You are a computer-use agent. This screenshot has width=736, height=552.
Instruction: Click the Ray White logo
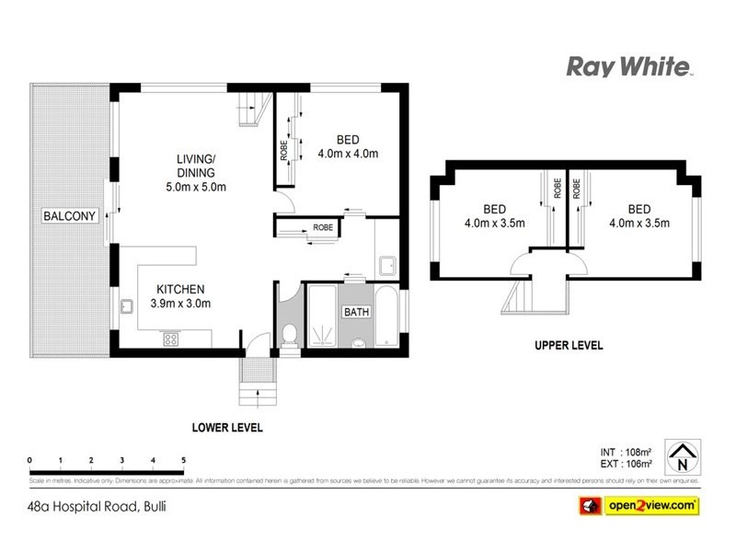[628, 66]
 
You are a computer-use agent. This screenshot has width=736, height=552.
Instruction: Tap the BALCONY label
[70, 217]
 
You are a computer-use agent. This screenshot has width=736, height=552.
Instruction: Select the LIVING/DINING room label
[195, 166]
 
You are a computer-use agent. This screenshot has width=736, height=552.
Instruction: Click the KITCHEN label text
[179, 288]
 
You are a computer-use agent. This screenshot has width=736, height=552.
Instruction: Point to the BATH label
[357, 312]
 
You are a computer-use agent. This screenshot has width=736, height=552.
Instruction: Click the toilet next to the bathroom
[288, 336]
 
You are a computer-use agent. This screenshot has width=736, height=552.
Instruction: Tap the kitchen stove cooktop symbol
[171, 339]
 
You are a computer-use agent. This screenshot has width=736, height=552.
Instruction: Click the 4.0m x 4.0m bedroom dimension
[347, 155]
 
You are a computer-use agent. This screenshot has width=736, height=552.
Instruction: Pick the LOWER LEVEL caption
[227, 428]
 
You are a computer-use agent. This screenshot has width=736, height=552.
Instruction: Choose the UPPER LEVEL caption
[569, 346]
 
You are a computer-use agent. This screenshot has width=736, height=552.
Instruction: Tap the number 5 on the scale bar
[184, 459]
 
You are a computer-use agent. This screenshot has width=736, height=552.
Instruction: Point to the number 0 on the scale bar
[30, 459]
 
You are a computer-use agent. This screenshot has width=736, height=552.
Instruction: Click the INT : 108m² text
[625, 452]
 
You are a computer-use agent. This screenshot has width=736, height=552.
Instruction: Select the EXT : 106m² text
[625, 464]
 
